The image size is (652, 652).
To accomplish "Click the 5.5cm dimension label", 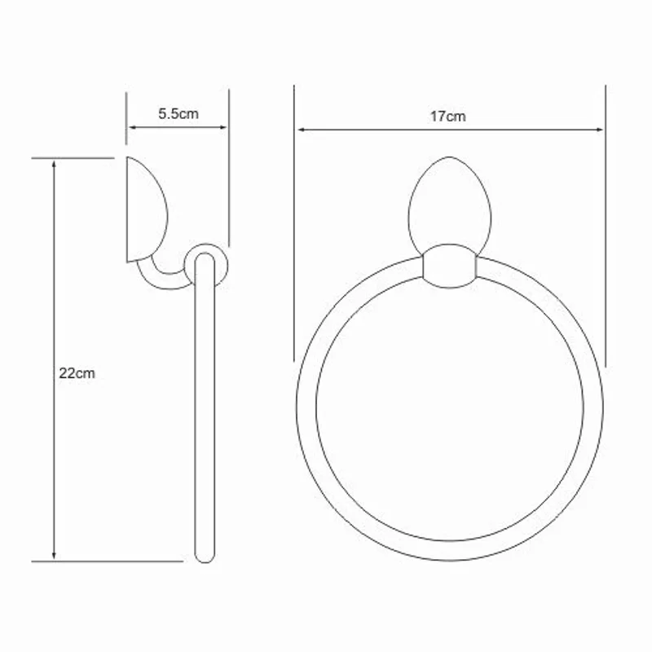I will [x=178, y=114].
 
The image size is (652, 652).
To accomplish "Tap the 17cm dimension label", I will [x=448, y=117].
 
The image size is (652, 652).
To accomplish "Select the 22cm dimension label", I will [x=77, y=374].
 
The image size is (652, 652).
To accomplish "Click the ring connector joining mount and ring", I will [x=448, y=267].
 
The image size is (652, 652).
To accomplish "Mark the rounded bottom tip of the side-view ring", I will [x=206, y=557].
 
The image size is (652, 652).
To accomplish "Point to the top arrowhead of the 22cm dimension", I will [x=55, y=164].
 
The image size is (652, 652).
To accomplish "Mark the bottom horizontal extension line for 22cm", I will [x=106, y=562].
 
